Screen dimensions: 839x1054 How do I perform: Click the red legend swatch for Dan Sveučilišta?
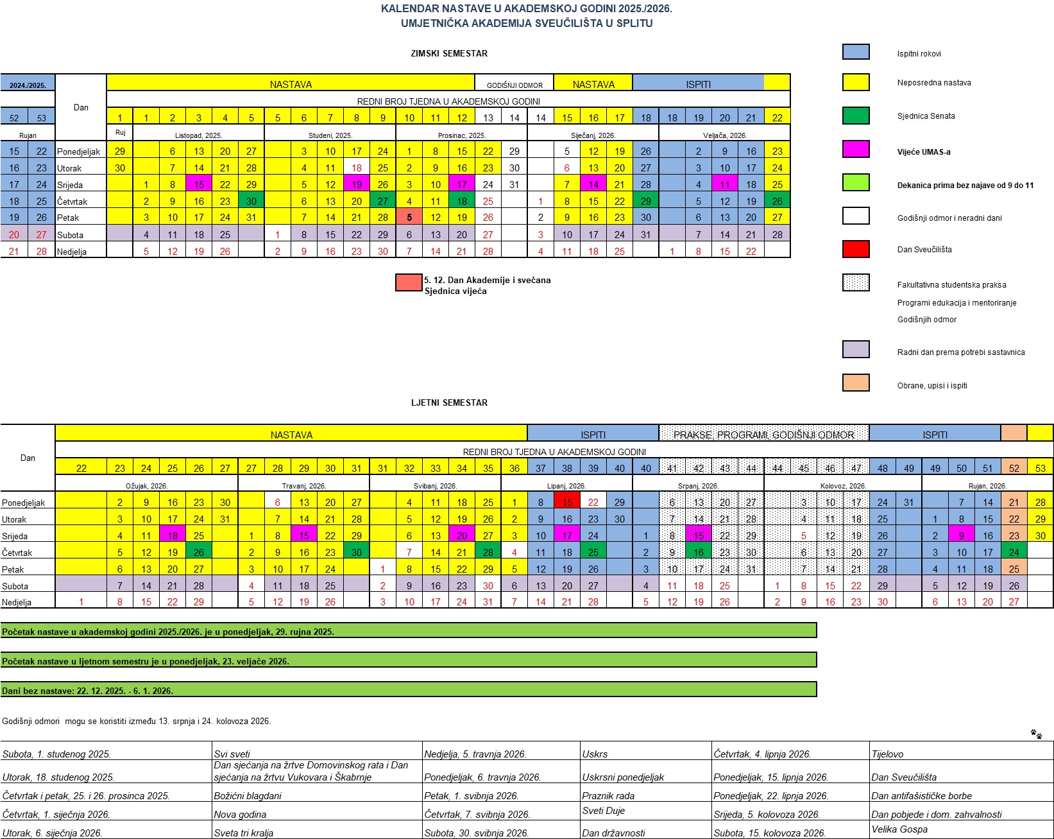(856, 249)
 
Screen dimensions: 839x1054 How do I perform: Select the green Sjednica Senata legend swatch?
(856, 116)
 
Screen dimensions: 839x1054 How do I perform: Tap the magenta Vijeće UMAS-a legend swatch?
(856, 150)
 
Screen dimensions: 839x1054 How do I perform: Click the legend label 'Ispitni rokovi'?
(919, 54)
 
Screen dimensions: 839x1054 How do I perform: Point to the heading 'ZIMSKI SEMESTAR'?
(449, 53)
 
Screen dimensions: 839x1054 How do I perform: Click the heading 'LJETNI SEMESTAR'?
(449, 402)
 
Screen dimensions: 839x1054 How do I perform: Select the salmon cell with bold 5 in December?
(409, 218)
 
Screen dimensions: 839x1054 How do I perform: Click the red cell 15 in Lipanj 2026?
(567, 503)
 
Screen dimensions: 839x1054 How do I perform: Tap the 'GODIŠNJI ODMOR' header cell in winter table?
(514, 85)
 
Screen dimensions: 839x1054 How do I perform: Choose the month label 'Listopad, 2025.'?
(198, 135)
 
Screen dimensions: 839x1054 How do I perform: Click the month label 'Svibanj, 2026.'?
(435, 486)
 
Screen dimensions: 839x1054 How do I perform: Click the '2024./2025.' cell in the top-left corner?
(28, 85)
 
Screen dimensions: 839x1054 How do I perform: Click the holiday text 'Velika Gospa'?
(899, 829)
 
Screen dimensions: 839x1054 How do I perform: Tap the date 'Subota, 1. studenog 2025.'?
(56, 754)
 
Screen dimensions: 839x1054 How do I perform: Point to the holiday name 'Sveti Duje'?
(603, 810)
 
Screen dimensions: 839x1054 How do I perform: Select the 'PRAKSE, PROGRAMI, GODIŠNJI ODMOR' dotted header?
(763, 435)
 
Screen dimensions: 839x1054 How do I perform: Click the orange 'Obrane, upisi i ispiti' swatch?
(856, 383)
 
